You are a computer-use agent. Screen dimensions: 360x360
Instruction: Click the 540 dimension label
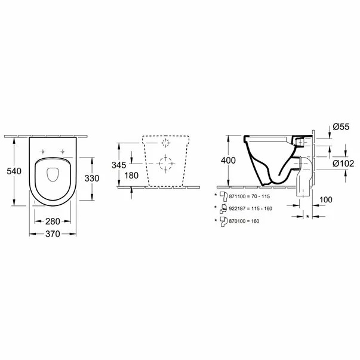click(x=14, y=171)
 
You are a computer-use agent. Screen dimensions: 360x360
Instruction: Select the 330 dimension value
click(x=92, y=178)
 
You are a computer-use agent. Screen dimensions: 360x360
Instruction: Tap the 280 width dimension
click(x=53, y=221)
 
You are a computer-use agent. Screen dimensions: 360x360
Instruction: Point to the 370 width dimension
click(x=53, y=234)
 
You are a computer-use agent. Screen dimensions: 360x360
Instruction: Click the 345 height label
click(x=119, y=165)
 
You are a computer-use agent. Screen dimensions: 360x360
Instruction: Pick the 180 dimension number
click(x=131, y=176)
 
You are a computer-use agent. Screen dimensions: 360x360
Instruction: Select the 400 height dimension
click(x=228, y=160)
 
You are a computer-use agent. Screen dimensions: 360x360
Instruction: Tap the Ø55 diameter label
click(x=341, y=127)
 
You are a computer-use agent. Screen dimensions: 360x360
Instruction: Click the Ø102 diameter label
click(x=343, y=163)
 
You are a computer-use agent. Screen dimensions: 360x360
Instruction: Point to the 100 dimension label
click(x=326, y=200)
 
